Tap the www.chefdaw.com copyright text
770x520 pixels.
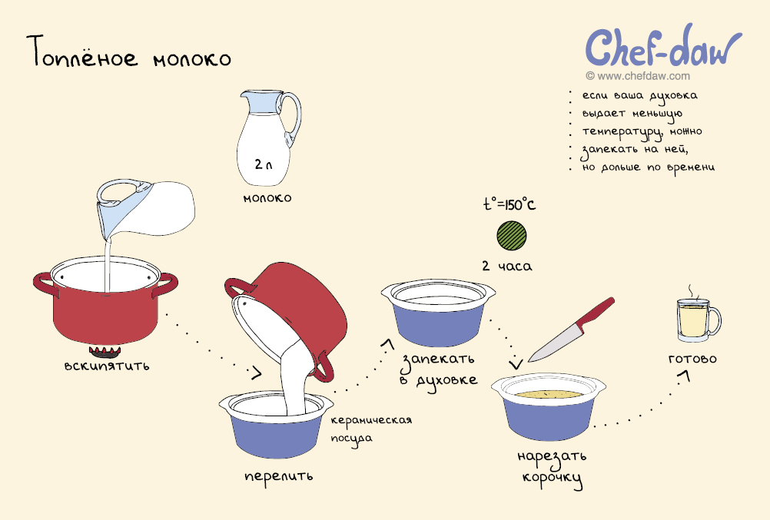tap(638, 76)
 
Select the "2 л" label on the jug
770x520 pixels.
tap(264, 164)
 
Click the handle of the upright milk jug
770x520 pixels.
tap(294, 118)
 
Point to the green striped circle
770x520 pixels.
tap(511, 235)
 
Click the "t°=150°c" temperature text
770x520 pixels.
tap(509, 204)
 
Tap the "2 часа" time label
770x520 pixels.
tap(507, 267)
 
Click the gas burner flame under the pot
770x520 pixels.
tap(105, 351)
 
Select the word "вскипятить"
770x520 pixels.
tap(107, 366)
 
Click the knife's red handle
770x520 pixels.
tap(596, 313)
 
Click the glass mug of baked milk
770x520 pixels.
tap(698, 320)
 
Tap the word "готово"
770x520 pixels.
tap(692, 359)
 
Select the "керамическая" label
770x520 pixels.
tap(371, 420)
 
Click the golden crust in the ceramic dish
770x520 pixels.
tap(549, 394)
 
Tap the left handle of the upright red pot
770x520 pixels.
tap(45, 285)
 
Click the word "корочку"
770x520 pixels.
tap(553, 479)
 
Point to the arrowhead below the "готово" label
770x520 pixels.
tap(685, 376)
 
